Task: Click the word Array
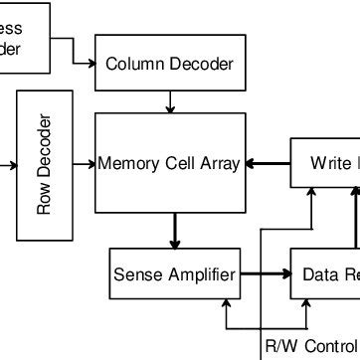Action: pos(219,163)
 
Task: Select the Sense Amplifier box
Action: pos(175,273)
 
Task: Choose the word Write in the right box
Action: pos(329,163)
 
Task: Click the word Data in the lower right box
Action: pos(321,273)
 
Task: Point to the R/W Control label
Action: pos(309,347)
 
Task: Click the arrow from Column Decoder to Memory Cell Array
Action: pos(171,101)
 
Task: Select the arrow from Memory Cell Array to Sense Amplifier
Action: pos(176,231)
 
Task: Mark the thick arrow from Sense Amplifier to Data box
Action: pos(266,272)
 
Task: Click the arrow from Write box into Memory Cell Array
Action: pos(267,163)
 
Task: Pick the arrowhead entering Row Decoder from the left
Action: pos(13,165)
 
